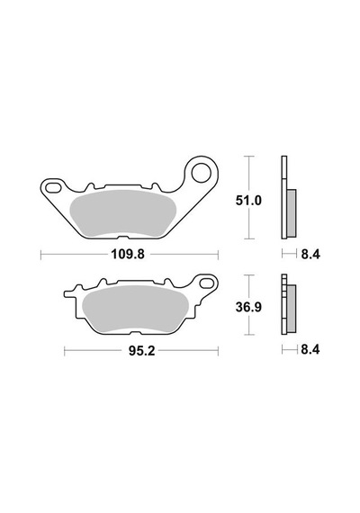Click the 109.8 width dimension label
(128, 254)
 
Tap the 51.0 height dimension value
(248, 201)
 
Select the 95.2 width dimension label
(141, 351)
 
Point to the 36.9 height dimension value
(248, 307)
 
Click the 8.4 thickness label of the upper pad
(310, 254)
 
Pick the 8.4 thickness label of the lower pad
(310, 350)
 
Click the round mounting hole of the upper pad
(202, 173)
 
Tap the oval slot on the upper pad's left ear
(53, 188)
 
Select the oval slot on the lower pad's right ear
(206, 283)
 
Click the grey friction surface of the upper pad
(123, 212)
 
